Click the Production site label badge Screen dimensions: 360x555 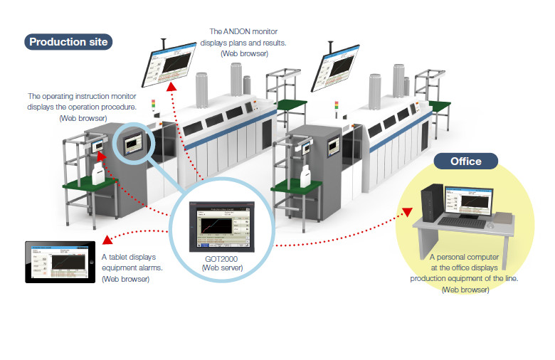pos(68,42)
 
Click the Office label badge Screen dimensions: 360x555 pos(465,161)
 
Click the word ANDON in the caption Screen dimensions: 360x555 pos(238,32)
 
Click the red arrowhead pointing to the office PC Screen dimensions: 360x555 pos(407,211)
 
